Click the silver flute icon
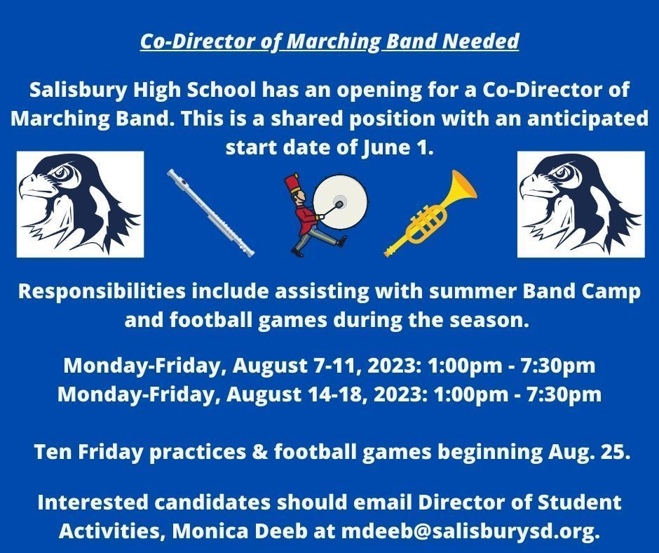coord(210,213)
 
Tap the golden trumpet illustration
coord(430,213)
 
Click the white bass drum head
coord(340,202)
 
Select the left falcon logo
coord(81,204)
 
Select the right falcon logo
coord(580,204)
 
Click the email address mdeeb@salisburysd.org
coord(470,531)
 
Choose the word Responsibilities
coord(102,292)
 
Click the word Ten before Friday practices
coord(53,452)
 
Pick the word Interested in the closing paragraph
coord(93,502)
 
